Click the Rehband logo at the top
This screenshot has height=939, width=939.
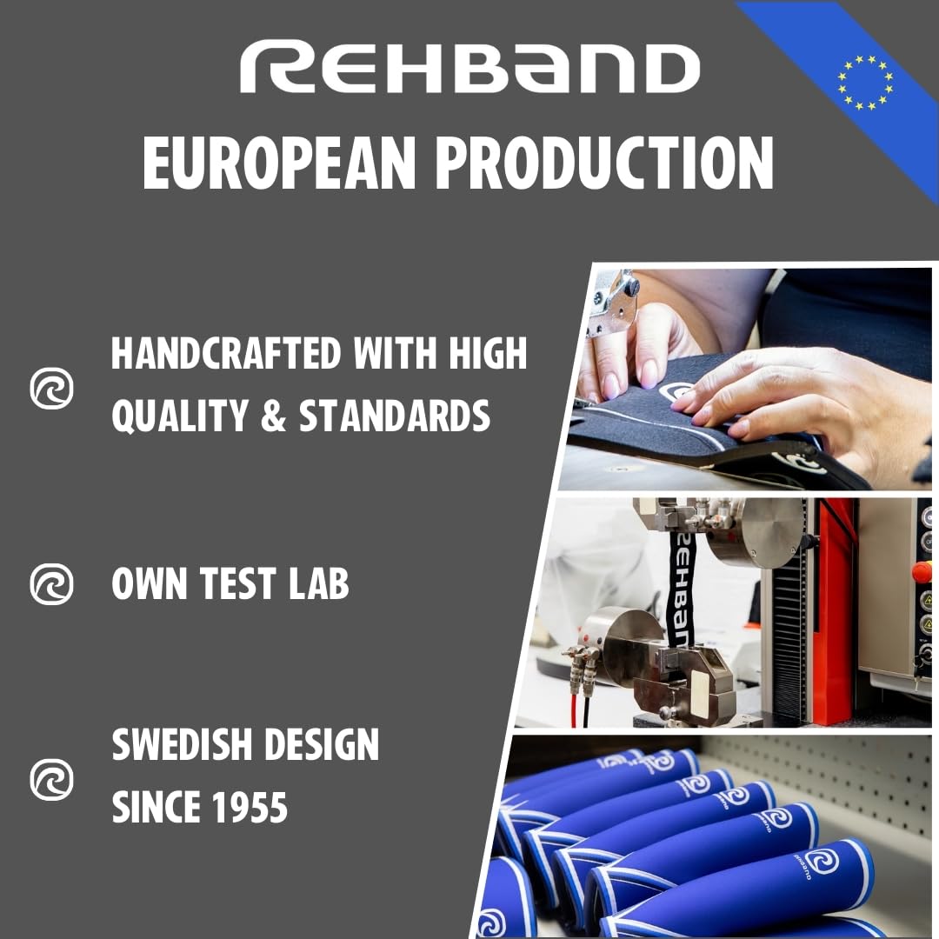[469, 70]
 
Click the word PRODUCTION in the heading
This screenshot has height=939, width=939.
[604, 163]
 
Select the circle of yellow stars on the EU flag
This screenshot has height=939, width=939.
[865, 83]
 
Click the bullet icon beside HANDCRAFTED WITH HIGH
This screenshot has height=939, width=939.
[51, 389]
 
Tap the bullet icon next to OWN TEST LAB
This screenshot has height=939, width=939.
[51, 583]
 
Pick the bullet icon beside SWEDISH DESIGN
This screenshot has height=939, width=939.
[51, 778]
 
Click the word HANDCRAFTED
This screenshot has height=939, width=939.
[221, 354]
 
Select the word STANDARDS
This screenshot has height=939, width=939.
[395, 416]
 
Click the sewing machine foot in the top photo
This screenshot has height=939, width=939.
[614, 300]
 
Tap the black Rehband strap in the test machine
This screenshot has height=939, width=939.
[681, 583]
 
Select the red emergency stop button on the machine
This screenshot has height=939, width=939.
[922, 571]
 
